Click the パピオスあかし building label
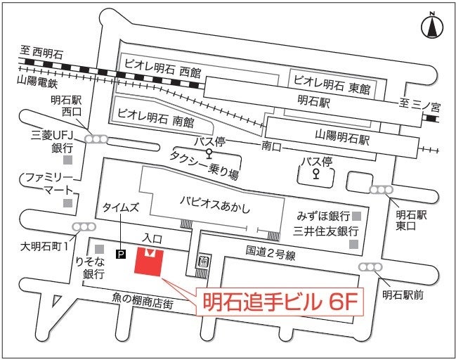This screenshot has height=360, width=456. [x=214, y=207]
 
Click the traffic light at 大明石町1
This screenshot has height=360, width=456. [x=84, y=227]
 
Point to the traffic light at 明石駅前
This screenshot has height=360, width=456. [x=369, y=267]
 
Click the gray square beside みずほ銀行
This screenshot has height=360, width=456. [x=357, y=216]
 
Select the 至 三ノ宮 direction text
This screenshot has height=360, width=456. [x=419, y=107]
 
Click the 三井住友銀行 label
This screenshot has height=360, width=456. [x=327, y=231]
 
